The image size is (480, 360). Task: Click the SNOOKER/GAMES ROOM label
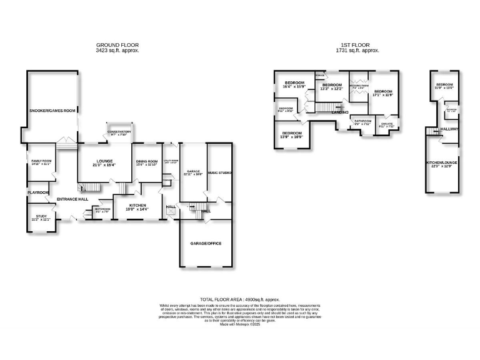point(52,111)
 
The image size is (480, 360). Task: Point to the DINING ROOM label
point(146,162)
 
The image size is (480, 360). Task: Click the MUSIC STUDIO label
point(219,172)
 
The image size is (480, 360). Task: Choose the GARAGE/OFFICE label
point(206,243)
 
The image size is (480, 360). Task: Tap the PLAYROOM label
point(37,192)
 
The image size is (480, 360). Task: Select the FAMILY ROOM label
point(41,162)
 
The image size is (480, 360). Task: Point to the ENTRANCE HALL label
point(72,199)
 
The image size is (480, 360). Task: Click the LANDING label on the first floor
point(340,112)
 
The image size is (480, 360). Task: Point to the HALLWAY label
point(449,129)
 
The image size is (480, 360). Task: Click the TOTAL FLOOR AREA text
point(239,301)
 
